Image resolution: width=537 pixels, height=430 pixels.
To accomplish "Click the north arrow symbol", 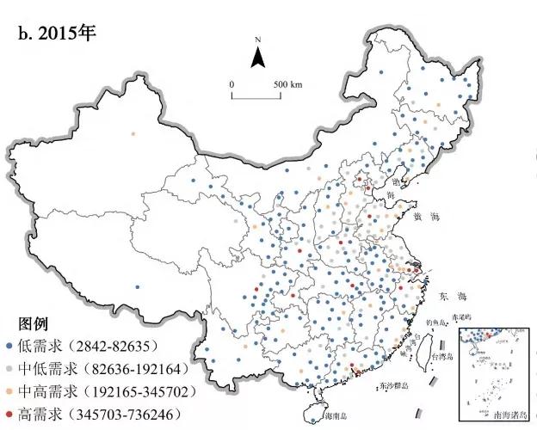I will click(257, 58).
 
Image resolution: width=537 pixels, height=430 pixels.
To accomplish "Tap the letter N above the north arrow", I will click(257, 40).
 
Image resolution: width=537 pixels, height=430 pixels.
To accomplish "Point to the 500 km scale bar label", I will click(287, 83).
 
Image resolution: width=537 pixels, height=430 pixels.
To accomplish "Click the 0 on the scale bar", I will click(231, 83).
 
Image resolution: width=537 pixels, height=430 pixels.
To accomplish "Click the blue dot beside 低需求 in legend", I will click(9, 346).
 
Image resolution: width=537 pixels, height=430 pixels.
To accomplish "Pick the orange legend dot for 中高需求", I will click(9, 391).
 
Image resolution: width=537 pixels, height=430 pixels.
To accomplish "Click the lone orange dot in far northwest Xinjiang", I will click(133, 134).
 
